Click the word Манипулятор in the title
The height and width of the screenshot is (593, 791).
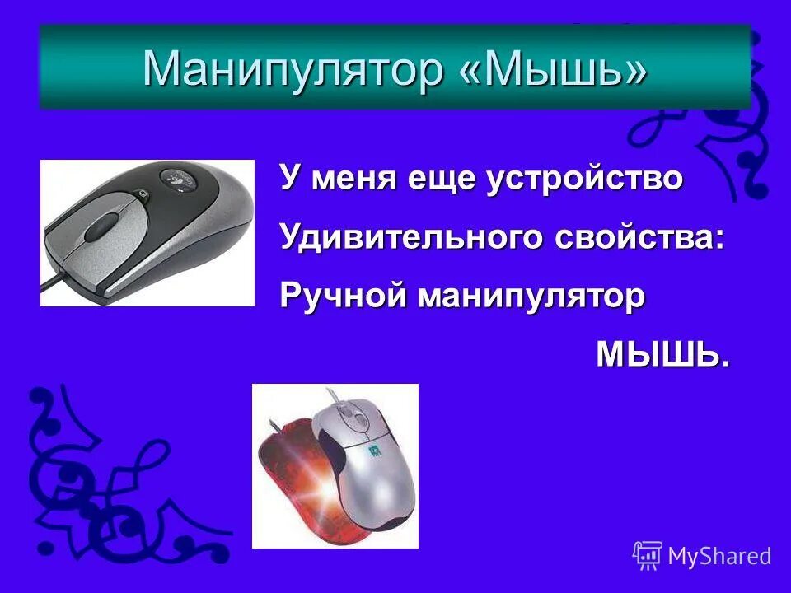click(x=293, y=68)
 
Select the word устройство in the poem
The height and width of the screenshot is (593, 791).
click(x=585, y=179)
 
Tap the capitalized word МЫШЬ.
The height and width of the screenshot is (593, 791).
click(x=662, y=355)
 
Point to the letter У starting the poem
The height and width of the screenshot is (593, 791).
click(x=289, y=179)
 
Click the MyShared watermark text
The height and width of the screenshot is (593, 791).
click(x=719, y=556)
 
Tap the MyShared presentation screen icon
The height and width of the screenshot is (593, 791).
click(x=648, y=556)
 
